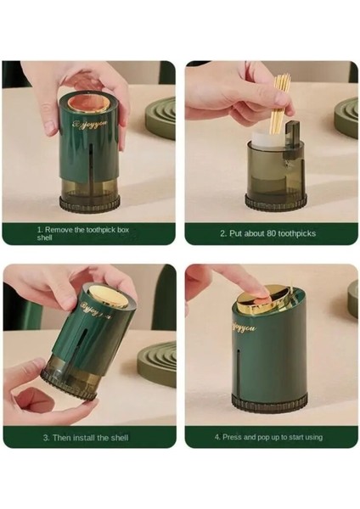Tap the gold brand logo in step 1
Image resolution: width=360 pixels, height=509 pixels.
89,125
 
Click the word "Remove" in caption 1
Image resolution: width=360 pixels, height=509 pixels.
59,230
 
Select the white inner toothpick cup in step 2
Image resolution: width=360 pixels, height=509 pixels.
267,140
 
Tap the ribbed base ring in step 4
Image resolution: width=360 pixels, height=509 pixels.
269,402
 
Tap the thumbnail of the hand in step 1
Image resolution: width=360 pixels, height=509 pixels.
48,124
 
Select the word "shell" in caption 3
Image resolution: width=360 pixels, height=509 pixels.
120,438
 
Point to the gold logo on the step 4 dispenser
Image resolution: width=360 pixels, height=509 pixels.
243,327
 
